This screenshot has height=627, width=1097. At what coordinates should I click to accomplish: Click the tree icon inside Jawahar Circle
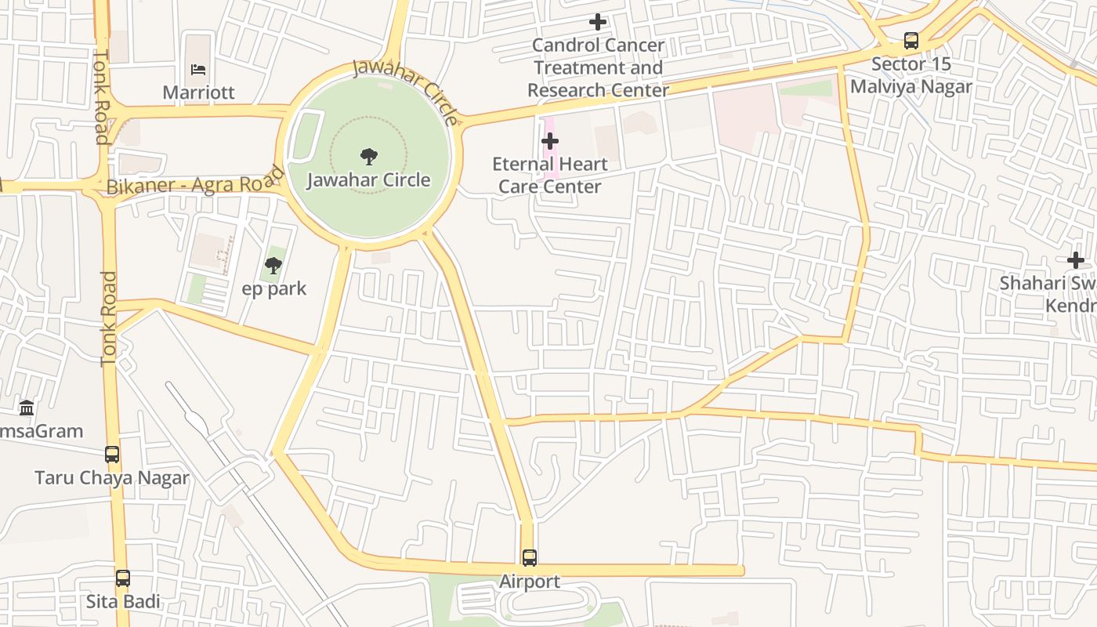point(368,156)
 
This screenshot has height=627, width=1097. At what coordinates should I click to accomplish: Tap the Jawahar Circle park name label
point(368,180)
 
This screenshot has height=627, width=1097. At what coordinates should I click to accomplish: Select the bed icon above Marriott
point(199,69)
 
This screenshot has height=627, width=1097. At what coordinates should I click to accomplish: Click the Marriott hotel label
point(198,92)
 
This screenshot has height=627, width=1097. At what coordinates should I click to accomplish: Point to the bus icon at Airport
point(530,558)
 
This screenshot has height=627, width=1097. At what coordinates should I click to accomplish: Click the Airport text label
point(530,582)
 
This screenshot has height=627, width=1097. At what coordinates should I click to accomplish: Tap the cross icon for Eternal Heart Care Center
point(550,141)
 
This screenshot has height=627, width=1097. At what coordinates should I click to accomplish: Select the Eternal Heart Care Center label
point(550,176)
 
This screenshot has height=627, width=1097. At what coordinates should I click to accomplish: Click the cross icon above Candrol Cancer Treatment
point(598,22)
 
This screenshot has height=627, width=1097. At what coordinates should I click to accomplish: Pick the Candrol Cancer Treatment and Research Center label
point(598,68)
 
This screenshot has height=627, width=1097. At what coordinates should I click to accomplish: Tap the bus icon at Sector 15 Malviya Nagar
point(911,41)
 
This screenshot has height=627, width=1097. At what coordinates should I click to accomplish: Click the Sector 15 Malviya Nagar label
point(911,75)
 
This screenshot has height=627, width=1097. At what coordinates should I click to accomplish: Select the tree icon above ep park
point(273,266)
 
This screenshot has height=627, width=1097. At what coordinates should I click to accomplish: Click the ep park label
point(273,289)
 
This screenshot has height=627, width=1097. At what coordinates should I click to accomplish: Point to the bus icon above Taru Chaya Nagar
point(112,455)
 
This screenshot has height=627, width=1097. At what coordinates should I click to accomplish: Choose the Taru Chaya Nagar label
point(112,478)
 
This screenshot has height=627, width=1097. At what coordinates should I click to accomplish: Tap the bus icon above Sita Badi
point(123,578)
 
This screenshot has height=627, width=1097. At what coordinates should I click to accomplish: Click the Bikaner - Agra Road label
point(194,185)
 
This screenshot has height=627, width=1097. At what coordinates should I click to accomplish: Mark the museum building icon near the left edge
point(27,408)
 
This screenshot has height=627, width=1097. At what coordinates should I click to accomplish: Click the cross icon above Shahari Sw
point(1076,260)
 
